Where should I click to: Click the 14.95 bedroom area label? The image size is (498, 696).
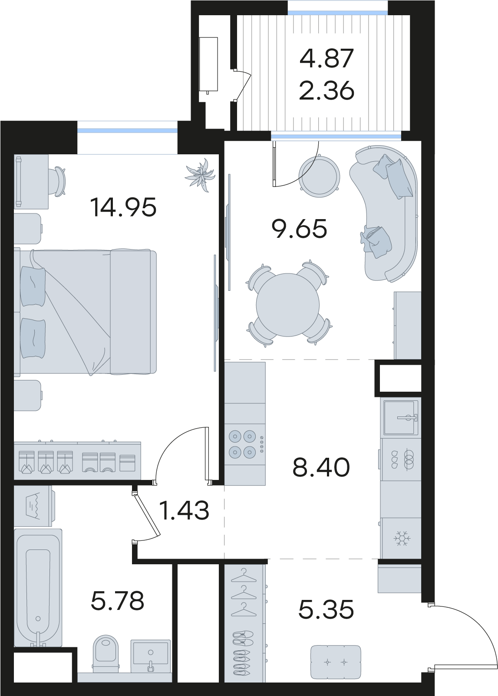[123, 207]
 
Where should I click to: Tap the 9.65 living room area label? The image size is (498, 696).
[299, 229]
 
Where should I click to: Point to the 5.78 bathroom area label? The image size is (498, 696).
[118, 600]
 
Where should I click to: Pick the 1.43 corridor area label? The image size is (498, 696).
[184, 510]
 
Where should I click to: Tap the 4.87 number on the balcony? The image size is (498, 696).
[327, 58]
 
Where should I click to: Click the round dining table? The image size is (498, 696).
[287, 305]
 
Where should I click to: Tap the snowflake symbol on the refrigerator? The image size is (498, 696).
[402, 537]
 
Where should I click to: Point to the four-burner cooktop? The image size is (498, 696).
[242, 444]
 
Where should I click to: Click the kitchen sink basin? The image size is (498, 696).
[401, 417]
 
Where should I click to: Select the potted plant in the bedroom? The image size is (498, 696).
[201, 175]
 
